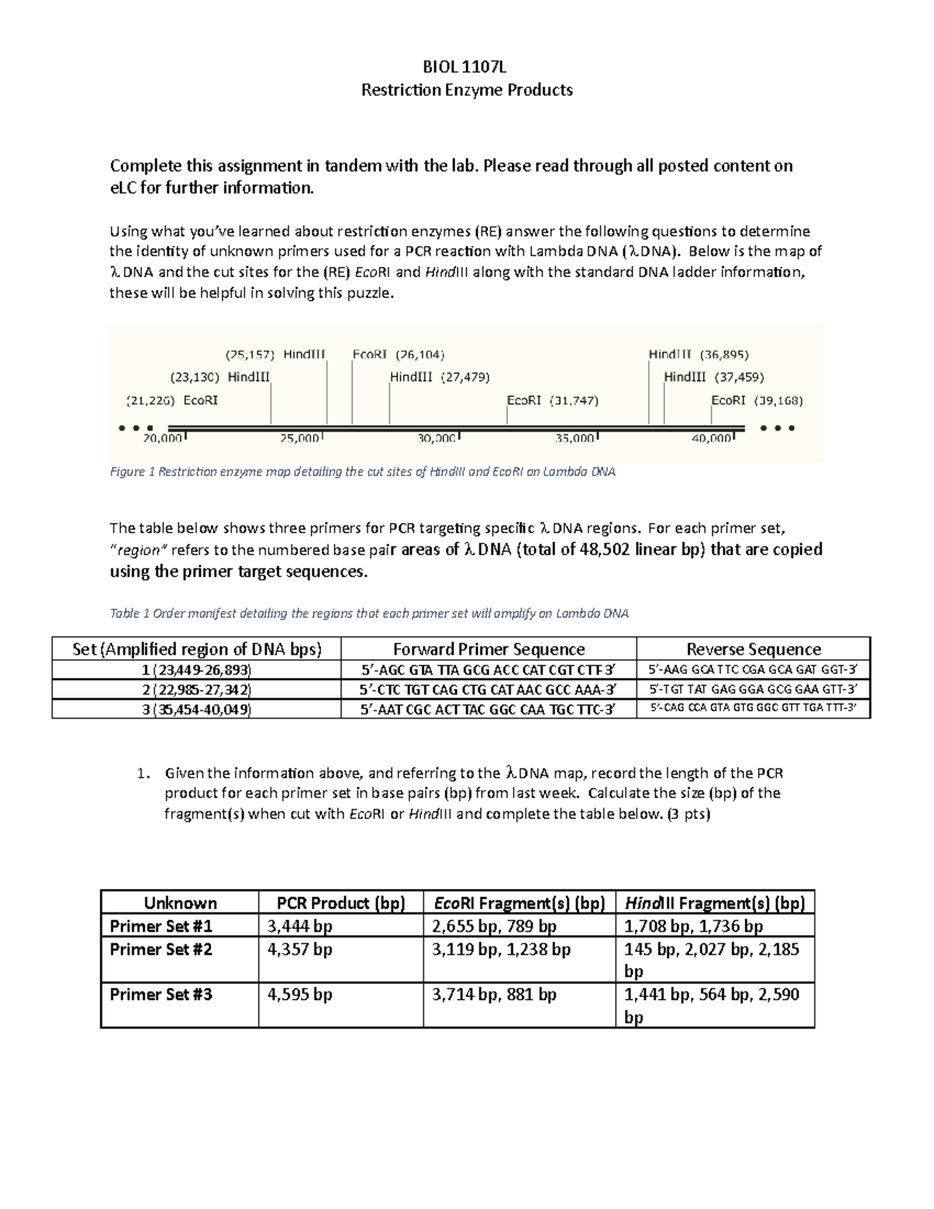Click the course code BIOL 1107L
pos(467,66)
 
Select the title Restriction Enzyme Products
pos(467,90)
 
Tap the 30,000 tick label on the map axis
pos(437,439)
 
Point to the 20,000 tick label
pos(162,439)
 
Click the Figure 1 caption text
pos(363,472)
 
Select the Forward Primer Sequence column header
pos(489,649)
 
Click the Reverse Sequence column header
pos(753,649)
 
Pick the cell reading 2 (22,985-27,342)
pos(196,689)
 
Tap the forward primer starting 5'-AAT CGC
pos(489,708)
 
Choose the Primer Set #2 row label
pos(161,950)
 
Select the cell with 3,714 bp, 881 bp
pos(494,995)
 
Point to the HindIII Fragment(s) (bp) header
pos(715,903)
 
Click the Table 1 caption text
pos(369,613)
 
